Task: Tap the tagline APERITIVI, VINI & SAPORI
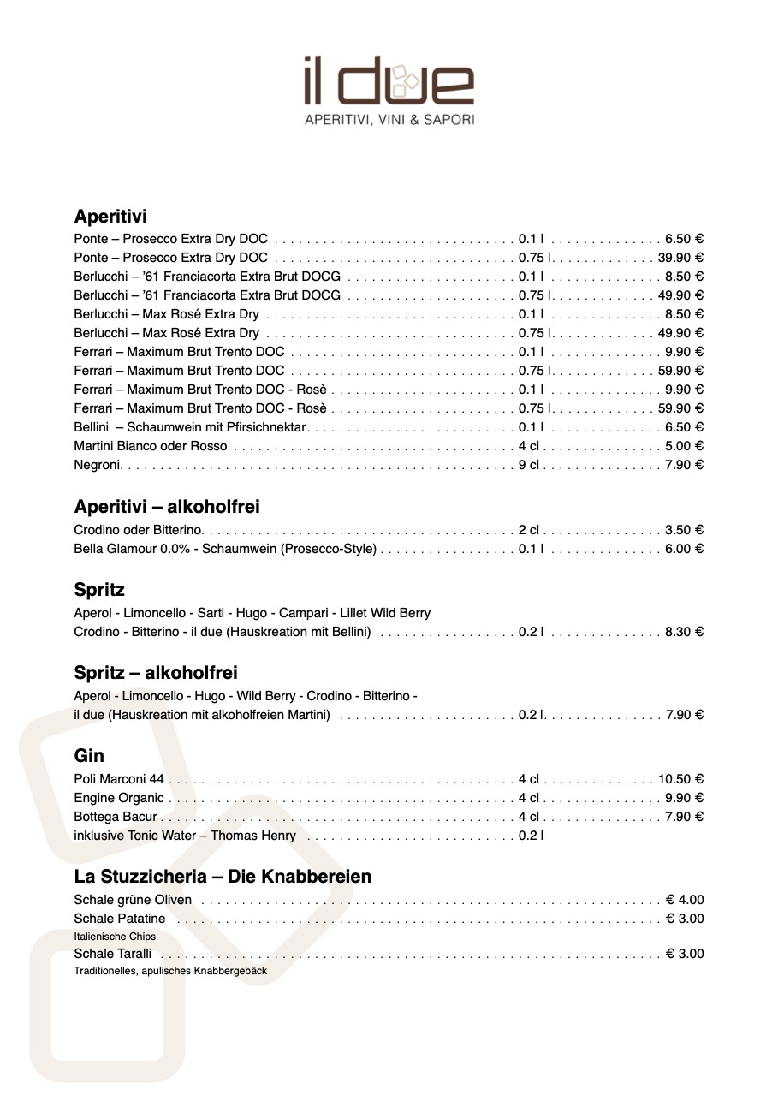pyautogui.click(x=389, y=121)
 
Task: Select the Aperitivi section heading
pyautogui.click(x=110, y=217)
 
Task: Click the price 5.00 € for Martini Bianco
pyautogui.click(x=684, y=446)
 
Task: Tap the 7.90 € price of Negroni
pyautogui.click(x=684, y=465)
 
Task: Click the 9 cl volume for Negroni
pyautogui.click(x=529, y=465)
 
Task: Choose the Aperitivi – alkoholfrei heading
pyautogui.click(x=167, y=507)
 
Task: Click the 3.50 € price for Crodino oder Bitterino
pyautogui.click(x=684, y=530)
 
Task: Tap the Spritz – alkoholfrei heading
pyautogui.click(x=156, y=673)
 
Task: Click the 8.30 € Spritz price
pyautogui.click(x=684, y=632)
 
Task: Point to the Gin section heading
pyautogui.click(x=89, y=756)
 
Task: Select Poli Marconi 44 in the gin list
pyautogui.click(x=119, y=779)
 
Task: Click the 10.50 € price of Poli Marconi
pyautogui.click(x=680, y=779)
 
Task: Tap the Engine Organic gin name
pyautogui.click(x=119, y=798)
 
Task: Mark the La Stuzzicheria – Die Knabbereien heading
pyautogui.click(x=223, y=877)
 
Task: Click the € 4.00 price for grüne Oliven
pyautogui.click(x=685, y=900)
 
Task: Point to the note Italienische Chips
pyautogui.click(x=115, y=937)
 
